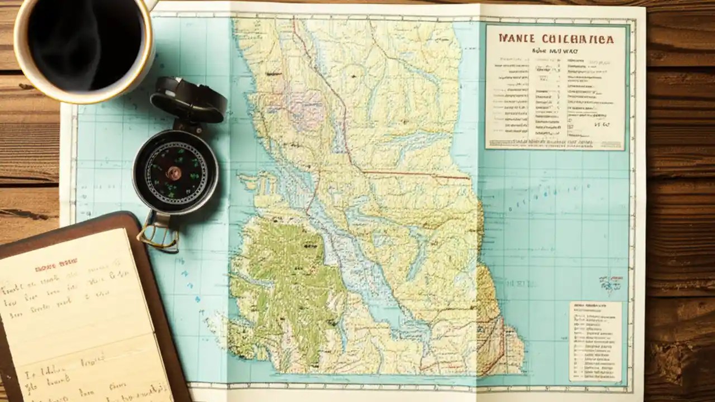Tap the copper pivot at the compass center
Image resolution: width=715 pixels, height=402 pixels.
174,173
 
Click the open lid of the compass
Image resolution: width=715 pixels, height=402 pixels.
188,100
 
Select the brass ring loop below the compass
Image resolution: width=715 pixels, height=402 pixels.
158,234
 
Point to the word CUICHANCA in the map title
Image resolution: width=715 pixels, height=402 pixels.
578,39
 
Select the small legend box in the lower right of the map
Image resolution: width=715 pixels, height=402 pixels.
595,341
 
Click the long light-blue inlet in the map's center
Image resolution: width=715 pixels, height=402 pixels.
357,268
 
